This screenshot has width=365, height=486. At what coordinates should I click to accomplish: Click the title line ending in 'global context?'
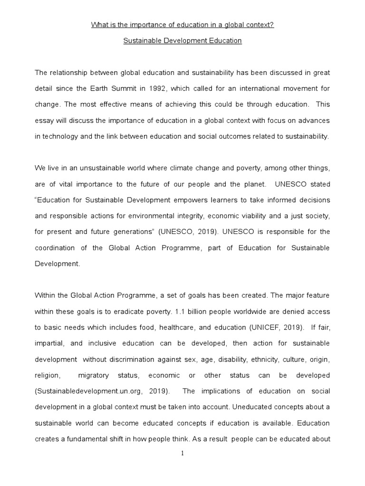pyautogui.click(x=182, y=25)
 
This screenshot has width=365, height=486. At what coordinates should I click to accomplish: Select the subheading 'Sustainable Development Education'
pyautogui.click(x=182, y=41)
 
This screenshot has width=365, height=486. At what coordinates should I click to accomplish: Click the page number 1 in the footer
pyautogui.click(x=182, y=454)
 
